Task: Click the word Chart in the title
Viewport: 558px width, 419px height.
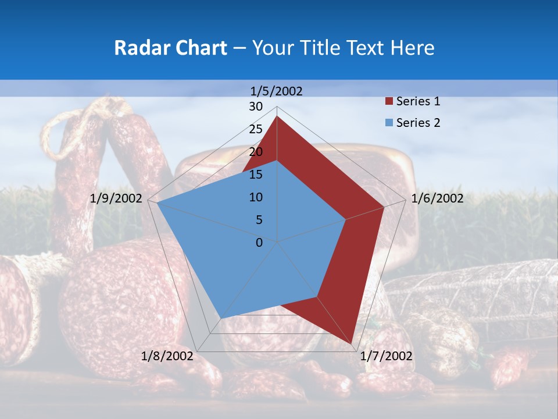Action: tap(198, 48)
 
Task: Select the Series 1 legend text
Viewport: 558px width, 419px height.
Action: tap(418, 101)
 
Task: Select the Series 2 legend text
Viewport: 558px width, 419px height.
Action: tap(418, 123)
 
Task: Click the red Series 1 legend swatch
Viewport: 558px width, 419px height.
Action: tap(389, 102)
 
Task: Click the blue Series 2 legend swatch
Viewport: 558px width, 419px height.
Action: tap(389, 123)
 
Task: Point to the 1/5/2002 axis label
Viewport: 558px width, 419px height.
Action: tap(277, 91)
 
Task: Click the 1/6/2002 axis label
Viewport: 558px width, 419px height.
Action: tap(437, 198)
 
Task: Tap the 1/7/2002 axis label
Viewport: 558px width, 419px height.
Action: tap(387, 356)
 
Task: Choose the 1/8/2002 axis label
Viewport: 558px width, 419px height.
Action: tap(167, 356)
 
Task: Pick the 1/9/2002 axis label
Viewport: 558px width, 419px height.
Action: tap(116, 198)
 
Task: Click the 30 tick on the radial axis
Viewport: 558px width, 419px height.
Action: tap(256, 106)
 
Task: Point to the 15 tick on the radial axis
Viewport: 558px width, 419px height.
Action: tap(256, 175)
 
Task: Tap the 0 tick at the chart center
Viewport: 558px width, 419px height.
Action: tap(259, 243)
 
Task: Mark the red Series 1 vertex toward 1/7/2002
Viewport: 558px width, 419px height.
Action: tap(352, 343)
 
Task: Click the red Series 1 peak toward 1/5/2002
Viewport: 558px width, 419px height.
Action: tap(277, 117)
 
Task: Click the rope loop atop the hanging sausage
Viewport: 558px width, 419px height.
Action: tap(64, 131)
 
